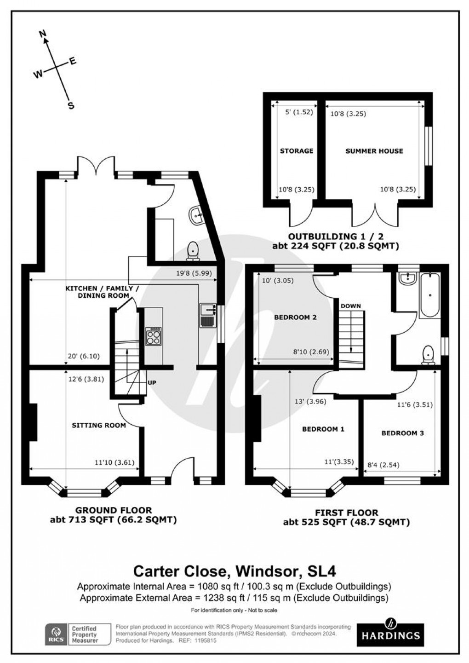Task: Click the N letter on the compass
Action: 43,34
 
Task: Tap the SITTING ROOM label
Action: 99,425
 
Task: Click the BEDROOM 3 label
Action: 402,433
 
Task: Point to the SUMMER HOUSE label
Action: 374,151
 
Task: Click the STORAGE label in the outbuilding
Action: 297,151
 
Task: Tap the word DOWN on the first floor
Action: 351,306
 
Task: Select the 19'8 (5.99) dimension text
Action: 196,273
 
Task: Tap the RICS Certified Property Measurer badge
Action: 78,634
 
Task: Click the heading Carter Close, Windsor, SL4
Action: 234,571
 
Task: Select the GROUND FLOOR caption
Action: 114,510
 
